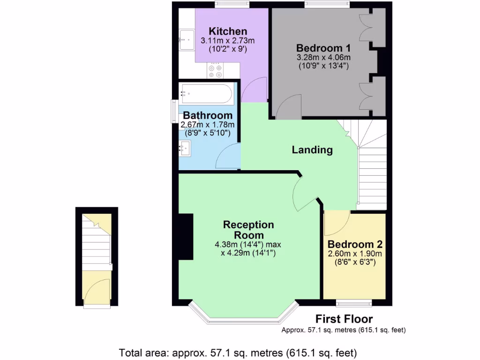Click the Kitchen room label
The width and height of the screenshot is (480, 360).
228,31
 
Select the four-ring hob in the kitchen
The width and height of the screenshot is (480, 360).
215,71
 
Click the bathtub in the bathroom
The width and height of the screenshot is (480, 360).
206,94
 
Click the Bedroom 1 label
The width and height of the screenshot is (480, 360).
323,48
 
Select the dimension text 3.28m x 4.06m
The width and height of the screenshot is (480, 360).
323,57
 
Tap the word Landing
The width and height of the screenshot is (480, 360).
312,150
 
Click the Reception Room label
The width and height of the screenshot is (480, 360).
248,230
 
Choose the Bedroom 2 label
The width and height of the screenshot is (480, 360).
355,244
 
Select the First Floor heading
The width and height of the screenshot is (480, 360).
344,319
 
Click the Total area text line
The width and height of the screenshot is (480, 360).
238,352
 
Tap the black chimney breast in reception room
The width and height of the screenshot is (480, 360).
186,237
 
